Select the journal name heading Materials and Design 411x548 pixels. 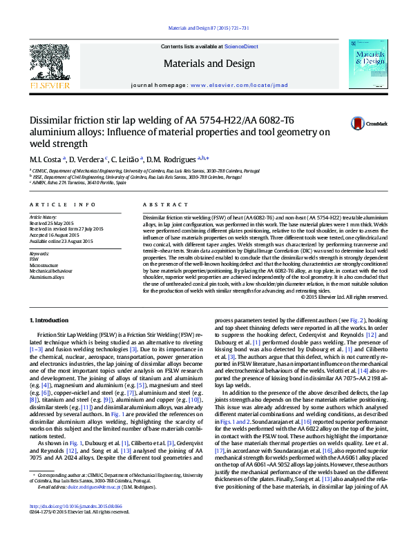coord(206,63)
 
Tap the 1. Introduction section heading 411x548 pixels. coord(50,321)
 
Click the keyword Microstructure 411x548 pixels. coord(44,265)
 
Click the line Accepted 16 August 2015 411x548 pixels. coord(55,234)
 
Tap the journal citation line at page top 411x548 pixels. coord(205,28)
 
